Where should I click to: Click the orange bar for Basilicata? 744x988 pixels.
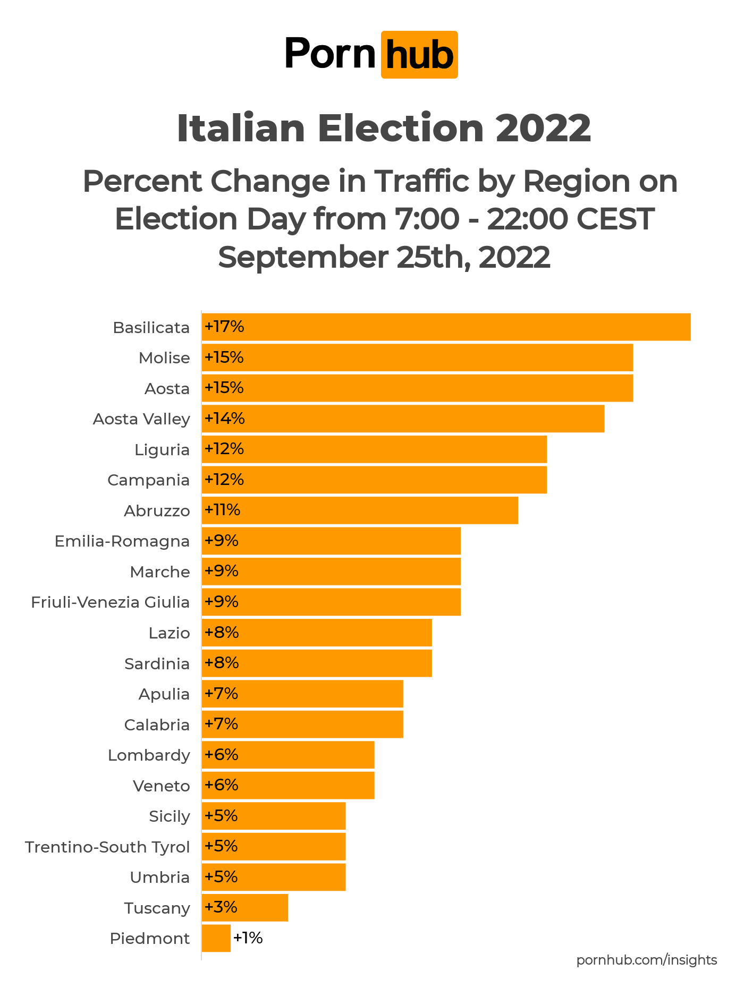click(446, 327)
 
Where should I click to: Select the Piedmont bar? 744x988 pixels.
click(216, 938)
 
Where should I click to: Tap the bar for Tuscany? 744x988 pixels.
click(245, 907)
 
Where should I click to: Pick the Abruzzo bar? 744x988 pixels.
click(360, 510)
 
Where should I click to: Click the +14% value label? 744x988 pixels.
click(225, 419)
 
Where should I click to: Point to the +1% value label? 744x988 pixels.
click(248, 938)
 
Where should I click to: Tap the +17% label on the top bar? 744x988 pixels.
click(225, 327)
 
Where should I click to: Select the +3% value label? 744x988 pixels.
click(221, 907)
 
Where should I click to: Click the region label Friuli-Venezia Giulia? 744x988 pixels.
click(111, 602)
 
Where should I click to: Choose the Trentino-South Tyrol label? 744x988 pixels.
click(107, 847)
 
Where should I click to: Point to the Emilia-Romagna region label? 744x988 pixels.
click(122, 541)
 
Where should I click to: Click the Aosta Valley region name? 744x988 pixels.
click(141, 419)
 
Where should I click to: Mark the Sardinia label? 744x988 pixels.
click(157, 664)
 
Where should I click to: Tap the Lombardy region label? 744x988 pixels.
click(149, 755)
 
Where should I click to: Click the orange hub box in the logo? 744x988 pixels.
click(419, 55)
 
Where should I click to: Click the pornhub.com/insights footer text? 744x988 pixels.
click(647, 960)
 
